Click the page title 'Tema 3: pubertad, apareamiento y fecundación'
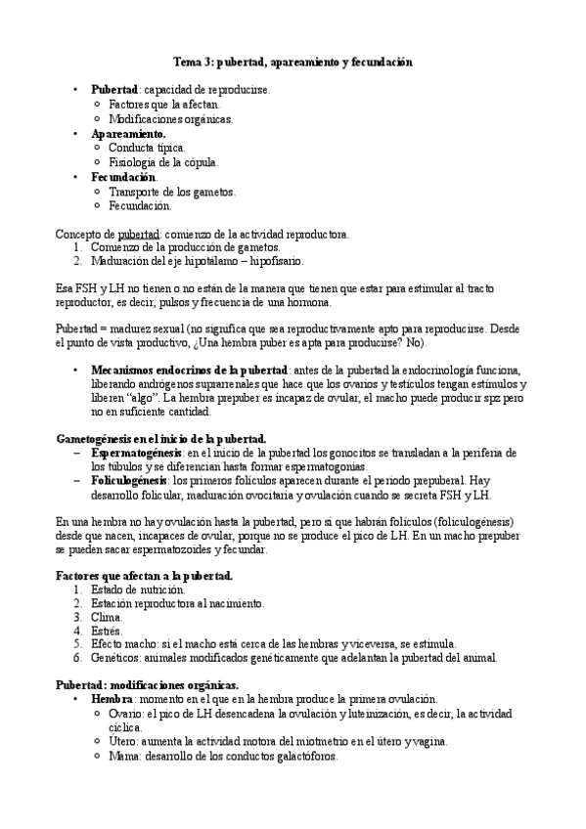click(293, 62)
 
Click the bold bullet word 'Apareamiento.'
click(128, 133)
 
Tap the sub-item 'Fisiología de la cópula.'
click(163, 162)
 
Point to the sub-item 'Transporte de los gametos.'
click(172, 192)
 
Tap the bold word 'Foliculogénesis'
click(130, 480)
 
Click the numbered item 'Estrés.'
click(109, 632)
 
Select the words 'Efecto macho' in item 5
click(125, 645)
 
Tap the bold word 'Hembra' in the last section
click(112, 700)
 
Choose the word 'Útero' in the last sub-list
click(123, 742)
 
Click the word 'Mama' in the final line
click(123, 756)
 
